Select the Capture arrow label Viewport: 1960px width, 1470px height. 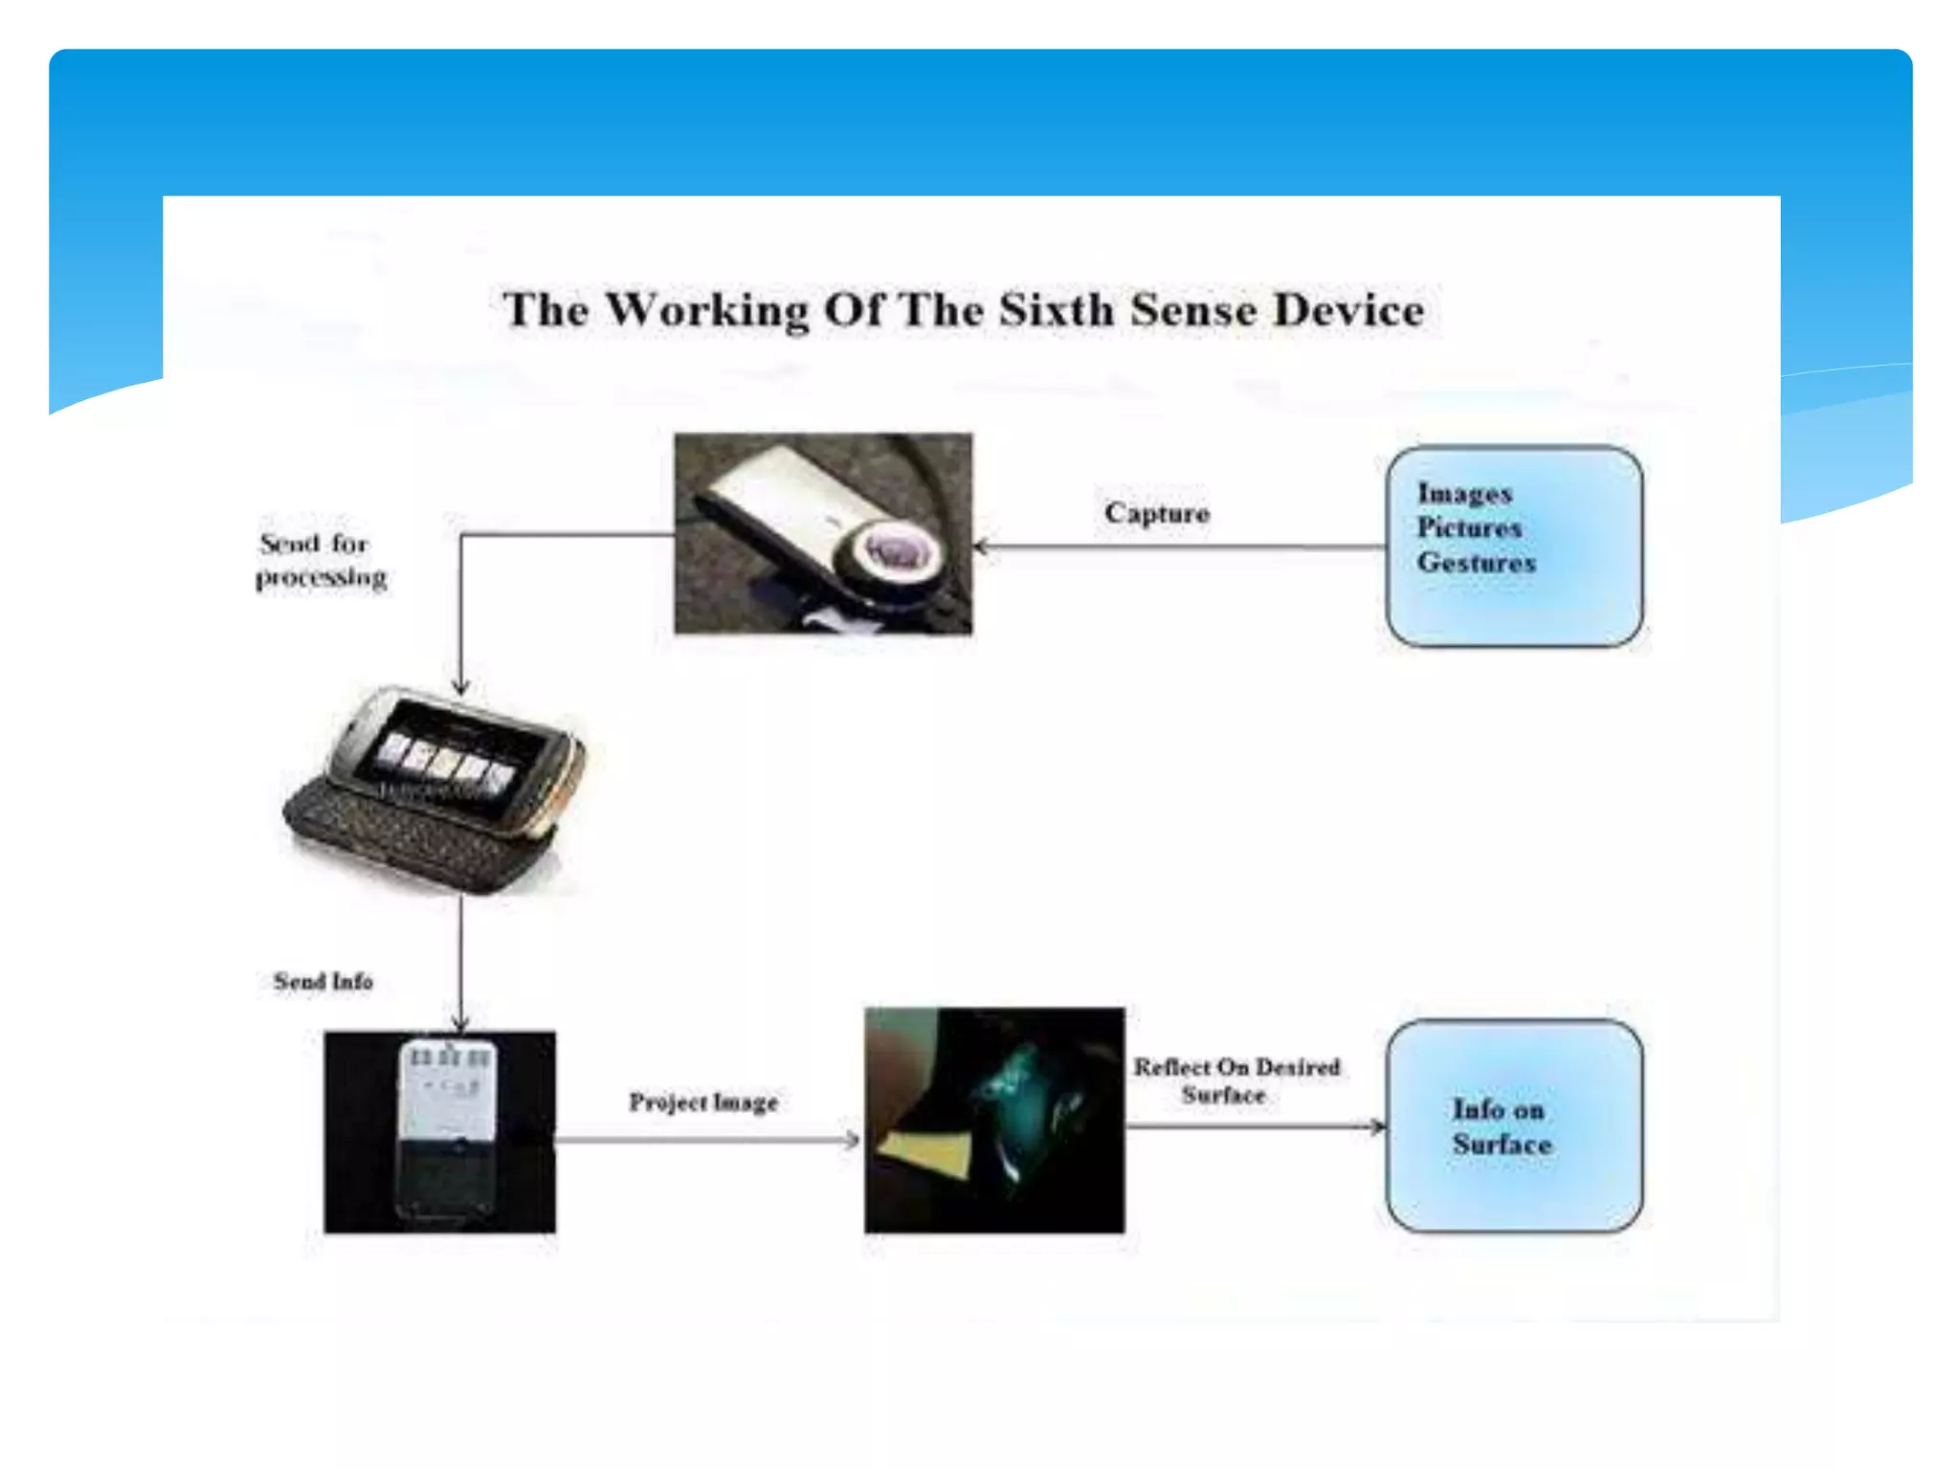[x=1156, y=514]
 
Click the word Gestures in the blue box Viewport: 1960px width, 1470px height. [x=1476, y=563]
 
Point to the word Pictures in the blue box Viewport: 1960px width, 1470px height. [x=1469, y=528]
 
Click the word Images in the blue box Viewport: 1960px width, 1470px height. [x=1464, y=494]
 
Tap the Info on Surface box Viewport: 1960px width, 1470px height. [x=1514, y=1126]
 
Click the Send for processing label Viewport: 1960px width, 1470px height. [x=322, y=561]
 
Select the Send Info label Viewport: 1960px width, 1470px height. [x=323, y=982]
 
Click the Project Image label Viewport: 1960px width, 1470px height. [x=703, y=1102]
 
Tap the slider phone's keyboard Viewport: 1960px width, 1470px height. [x=412, y=837]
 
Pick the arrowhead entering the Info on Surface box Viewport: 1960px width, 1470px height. [x=1377, y=1126]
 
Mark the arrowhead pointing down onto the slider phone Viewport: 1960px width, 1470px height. [x=460, y=687]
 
